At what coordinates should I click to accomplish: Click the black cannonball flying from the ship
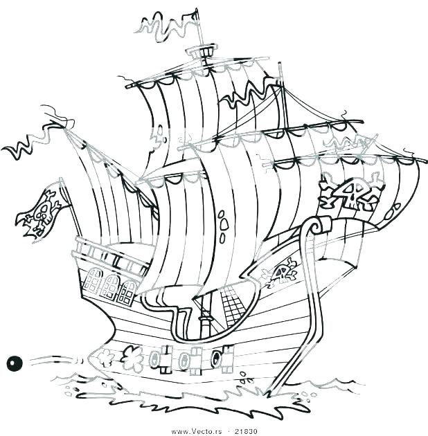12,361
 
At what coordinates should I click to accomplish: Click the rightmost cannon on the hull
217,357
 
